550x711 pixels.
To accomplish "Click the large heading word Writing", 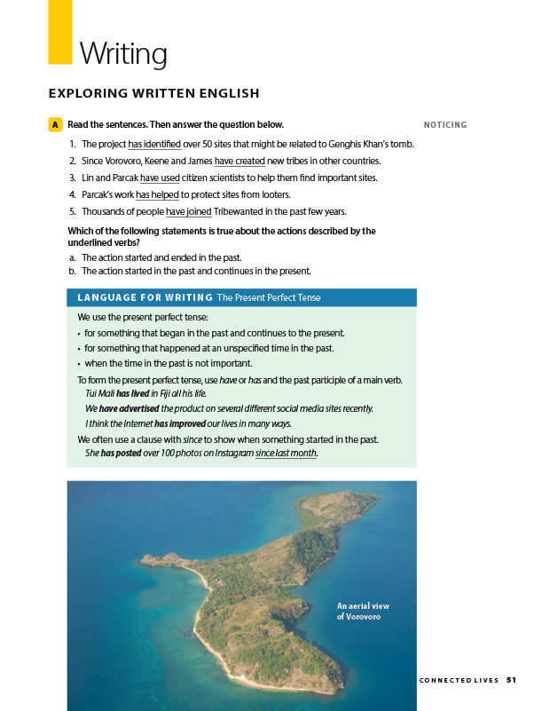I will point(123,54).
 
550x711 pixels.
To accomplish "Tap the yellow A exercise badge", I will point(55,125).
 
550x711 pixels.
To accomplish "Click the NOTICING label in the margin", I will point(444,125).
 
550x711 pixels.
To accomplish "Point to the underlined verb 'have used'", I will point(160,178).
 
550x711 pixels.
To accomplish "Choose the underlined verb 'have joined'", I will point(188,211).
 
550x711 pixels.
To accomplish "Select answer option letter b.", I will point(72,272).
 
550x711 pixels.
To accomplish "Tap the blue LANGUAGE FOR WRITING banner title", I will point(145,297).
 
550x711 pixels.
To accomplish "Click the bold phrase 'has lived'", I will point(132,392).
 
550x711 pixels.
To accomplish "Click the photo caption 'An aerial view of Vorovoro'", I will point(363,611).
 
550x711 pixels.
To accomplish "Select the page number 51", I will point(511,680).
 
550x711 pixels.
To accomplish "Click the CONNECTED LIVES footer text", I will point(458,681).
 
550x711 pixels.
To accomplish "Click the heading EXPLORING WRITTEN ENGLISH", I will point(153,93).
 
